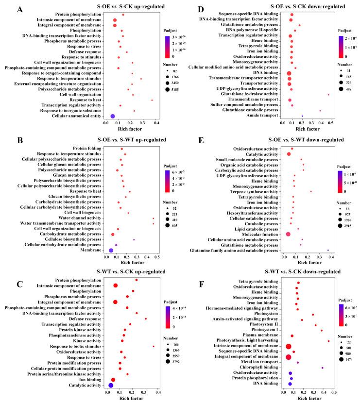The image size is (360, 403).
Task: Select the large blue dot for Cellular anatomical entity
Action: click(x=113, y=117)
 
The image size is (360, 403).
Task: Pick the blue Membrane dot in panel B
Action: click(x=111, y=251)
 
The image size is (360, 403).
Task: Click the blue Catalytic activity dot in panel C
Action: click(x=111, y=386)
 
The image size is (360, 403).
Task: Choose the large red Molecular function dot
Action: click(x=288, y=234)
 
